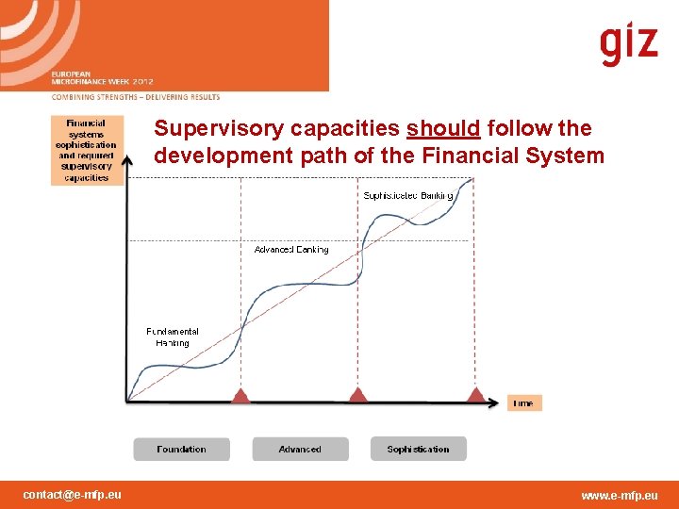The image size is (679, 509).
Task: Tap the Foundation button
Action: coord(181,450)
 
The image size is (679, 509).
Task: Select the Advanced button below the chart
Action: coord(300,450)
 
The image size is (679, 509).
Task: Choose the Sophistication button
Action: coord(418,450)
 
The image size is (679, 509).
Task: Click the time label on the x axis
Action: coord(524,403)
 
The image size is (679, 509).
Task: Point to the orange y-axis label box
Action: coord(87,150)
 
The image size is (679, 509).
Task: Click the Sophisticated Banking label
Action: coord(408,196)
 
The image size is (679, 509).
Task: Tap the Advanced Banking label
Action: coord(291,250)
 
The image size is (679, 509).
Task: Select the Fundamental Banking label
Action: coord(172,337)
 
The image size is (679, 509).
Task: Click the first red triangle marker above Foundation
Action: coord(240,396)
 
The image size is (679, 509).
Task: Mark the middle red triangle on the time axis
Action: coord(356,396)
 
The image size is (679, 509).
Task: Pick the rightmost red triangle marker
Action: coord(476,396)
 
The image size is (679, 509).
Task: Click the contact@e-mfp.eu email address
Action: coord(72,495)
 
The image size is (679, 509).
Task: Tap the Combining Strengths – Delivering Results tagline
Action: coord(136,97)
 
